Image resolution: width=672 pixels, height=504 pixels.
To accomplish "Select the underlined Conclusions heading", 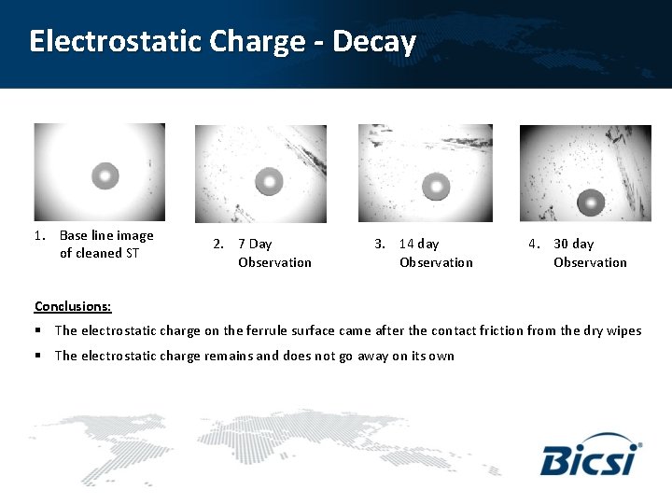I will pyautogui.click(x=73, y=306).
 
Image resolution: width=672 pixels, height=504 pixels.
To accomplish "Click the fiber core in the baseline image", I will pyautogui.click(x=105, y=175).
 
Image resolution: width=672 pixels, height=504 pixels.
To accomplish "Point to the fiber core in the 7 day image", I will pyautogui.click(x=269, y=180).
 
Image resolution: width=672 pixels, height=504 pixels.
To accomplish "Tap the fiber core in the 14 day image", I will pyautogui.click(x=436, y=188).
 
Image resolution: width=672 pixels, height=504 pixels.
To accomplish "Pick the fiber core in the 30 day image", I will pyautogui.click(x=590, y=202).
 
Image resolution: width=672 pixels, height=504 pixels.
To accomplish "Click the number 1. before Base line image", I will pyautogui.click(x=40, y=236).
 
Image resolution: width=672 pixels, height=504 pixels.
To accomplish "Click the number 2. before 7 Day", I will pyautogui.click(x=218, y=245).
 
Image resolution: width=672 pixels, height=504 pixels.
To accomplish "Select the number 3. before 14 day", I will pyautogui.click(x=380, y=245).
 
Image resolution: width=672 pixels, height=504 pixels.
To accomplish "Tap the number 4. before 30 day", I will pyautogui.click(x=534, y=245).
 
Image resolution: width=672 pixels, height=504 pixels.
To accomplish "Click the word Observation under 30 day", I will pyautogui.click(x=590, y=262).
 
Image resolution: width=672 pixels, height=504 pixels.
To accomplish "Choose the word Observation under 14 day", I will pyautogui.click(x=436, y=262).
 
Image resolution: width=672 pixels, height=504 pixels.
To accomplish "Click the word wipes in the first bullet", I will pyautogui.click(x=623, y=330).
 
